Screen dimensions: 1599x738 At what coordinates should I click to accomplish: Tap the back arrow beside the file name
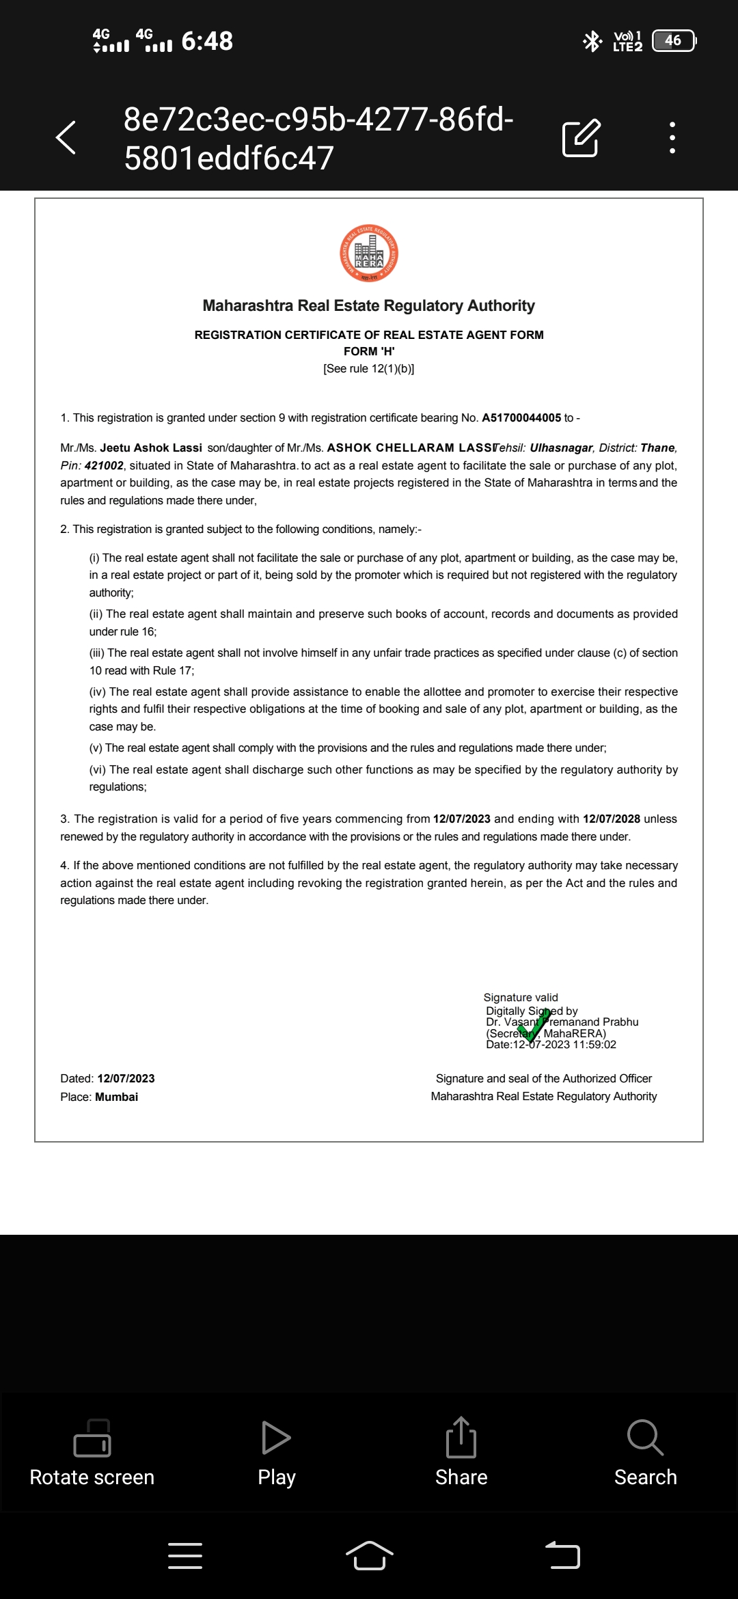(x=66, y=137)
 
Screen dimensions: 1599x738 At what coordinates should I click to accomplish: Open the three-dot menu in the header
(x=672, y=137)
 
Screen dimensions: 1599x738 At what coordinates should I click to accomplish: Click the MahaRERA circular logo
(x=369, y=254)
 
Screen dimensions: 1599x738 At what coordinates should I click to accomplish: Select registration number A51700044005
(x=521, y=418)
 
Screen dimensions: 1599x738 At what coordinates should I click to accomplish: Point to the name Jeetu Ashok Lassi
(x=151, y=448)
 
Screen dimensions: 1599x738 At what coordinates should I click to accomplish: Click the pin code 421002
(x=104, y=465)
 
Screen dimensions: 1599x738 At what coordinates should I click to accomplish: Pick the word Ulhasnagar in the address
(x=561, y=448)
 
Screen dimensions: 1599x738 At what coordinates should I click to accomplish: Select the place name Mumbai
(x=117, y=1097)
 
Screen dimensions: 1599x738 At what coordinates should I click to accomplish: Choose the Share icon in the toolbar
(x=461, y=1438)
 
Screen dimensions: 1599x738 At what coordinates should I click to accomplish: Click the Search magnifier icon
(x=645, y=1438)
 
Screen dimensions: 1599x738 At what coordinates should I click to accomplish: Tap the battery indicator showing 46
(x=674, y=41)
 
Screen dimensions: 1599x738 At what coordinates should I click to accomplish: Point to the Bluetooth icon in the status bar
(x=592, y=41)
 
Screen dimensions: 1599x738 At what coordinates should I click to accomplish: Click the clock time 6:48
(x=207, y=41)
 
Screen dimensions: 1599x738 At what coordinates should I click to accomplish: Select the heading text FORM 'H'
(x=369, y=351)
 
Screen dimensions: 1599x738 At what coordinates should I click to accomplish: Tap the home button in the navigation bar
(x=369, y=1555)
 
